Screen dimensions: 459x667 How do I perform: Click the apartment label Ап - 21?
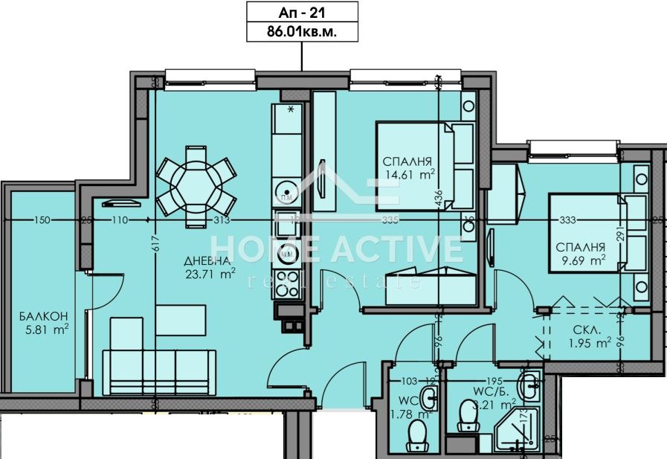(302, 12)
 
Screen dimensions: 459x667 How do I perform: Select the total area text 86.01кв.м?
(302, 32)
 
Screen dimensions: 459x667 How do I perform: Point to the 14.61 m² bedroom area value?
(408, 176)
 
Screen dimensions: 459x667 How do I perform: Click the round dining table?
(196, 179)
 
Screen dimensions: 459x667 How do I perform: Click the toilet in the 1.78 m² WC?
(419, 437)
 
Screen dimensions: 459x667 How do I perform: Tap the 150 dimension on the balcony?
(42, 220)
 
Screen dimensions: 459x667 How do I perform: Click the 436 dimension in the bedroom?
(439, 199)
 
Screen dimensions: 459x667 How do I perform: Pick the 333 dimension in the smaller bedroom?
(569, 220)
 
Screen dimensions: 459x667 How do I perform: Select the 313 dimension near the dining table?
(221, 220)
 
